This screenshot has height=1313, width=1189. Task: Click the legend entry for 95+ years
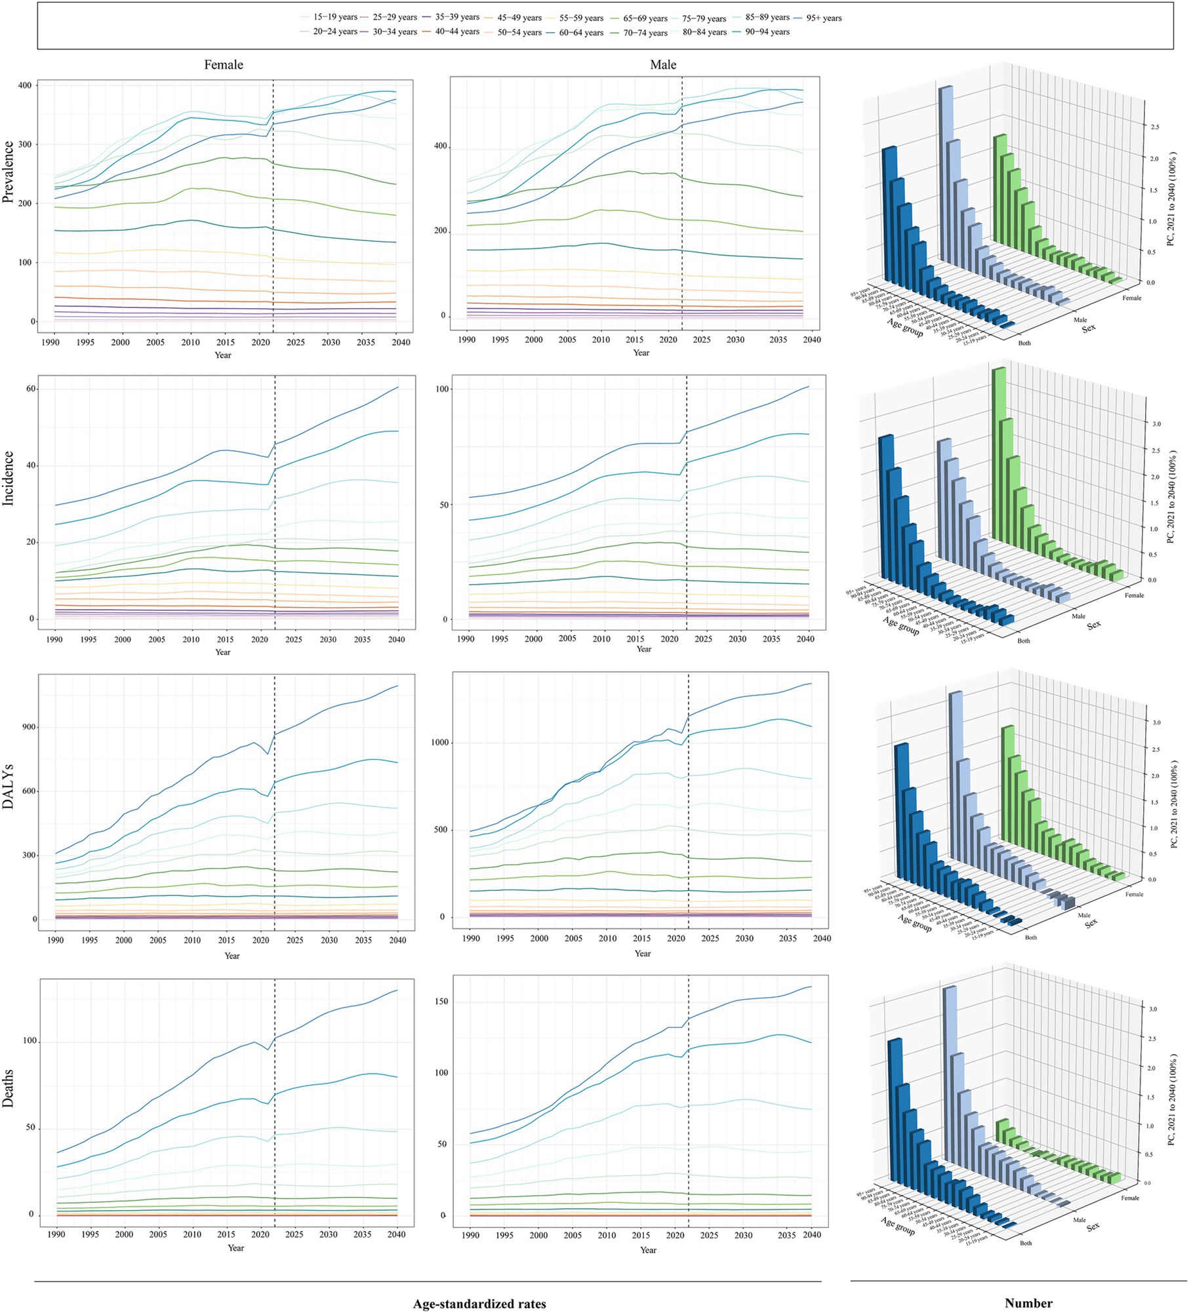tap(822, 18)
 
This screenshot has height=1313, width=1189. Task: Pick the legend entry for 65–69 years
tap(645, 18)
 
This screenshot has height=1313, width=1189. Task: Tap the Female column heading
tap(224, 65)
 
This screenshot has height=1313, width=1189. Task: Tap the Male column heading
tap(663, 65)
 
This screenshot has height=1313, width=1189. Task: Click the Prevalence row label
tap(9, 171)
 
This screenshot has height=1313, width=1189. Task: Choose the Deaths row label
tap(9, 1089)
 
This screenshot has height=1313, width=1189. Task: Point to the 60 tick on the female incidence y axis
tap(30, 389)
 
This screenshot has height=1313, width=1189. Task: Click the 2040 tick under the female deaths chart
tap(396, 1234)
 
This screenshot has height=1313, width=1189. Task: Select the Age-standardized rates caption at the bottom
tap(479, 1304)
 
